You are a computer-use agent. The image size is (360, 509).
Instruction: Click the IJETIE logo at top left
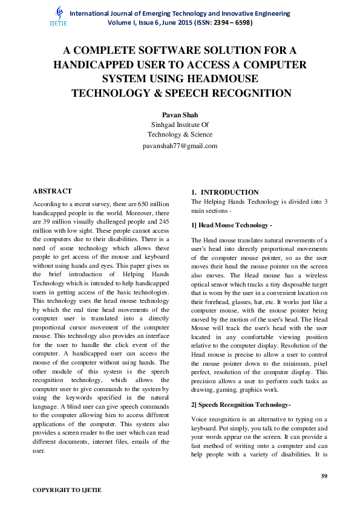[x=58, y=16]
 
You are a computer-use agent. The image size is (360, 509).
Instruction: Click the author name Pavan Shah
[x=180, y=114]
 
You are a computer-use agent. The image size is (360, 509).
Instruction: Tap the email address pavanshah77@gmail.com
[x=180, y=146]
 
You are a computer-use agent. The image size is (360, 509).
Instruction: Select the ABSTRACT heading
[x=52, y=191]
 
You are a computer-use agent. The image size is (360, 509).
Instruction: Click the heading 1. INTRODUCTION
[x=225, y=192]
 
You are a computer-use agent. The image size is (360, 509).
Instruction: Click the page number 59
[x=324, y=476]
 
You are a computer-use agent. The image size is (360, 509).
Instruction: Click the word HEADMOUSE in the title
[x=221, y=79]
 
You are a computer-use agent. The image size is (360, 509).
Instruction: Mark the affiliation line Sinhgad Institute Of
[x=180, y=125]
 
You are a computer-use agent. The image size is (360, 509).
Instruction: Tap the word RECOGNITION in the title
[x=250, y=94]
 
